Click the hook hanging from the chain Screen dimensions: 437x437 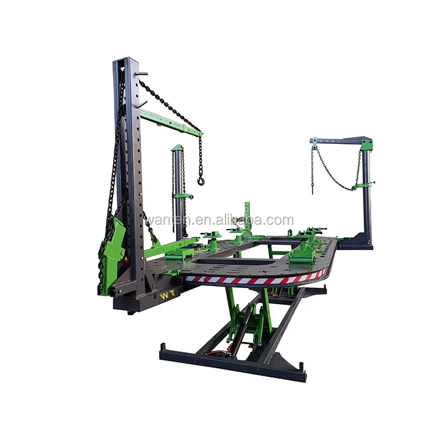pyautogui.click(x=202, y=181)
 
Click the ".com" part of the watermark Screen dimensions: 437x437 pyautogui.click(x=280, y=220)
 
